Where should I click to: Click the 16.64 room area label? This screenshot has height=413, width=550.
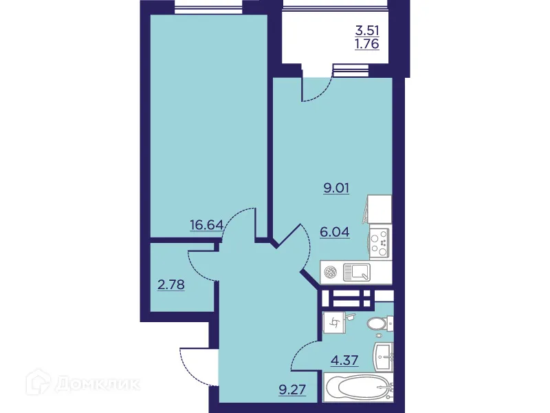[x=206, y=223]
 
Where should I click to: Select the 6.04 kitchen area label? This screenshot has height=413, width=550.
[x=335, y=232]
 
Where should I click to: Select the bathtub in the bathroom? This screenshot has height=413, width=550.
[x=357, y=390]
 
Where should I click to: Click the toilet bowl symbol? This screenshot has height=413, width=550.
[x=377, y=324]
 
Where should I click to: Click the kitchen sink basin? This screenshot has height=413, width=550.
[x=357, y=273]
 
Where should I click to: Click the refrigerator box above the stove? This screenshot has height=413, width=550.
[x=379, y=209]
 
